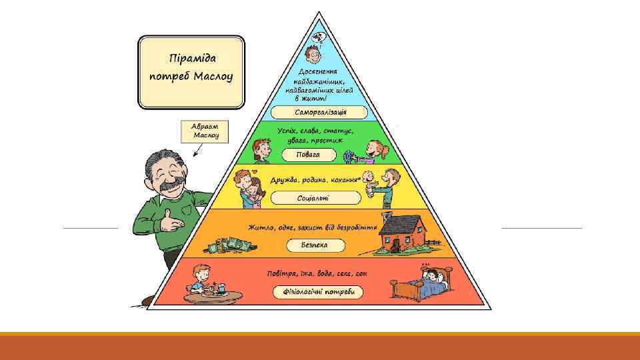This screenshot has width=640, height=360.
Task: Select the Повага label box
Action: tap(309, 155)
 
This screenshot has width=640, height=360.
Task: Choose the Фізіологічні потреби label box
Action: tap(318, 292)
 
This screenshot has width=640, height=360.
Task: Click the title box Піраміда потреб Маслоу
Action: tap(191, 71)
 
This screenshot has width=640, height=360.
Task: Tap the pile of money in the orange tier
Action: tap(231, 245)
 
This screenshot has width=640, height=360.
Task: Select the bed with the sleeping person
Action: tap(421, 285)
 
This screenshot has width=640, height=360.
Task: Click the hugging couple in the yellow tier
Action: tap(248, 187)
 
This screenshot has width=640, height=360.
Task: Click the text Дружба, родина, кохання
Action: tap(315, 181)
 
